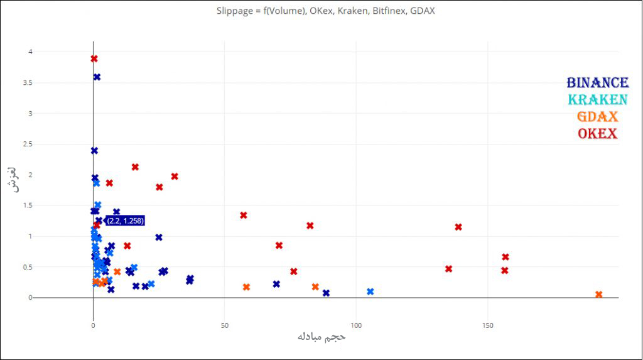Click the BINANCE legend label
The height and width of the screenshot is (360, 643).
tap(597, 83)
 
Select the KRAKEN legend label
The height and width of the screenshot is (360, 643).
tap(597, 100)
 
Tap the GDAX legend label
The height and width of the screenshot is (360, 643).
tap(597, 117)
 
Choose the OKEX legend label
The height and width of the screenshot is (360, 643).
tap(597, 134)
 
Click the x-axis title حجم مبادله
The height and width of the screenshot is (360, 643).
tap(321, 337)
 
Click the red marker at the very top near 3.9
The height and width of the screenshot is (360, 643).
tap(94, 59)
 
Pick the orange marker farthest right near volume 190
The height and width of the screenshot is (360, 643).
tap(598, 295)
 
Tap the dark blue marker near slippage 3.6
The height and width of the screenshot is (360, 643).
tap(97, 77)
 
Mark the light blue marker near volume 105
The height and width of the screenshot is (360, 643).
tap(370, 292)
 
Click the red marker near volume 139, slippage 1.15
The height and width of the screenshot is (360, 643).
tap(458, 227)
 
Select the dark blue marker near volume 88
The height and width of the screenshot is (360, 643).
tap(326, 293)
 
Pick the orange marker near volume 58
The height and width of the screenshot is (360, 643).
tap(246, 287)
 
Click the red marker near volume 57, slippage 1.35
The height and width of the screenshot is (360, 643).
tap(244, 215)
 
